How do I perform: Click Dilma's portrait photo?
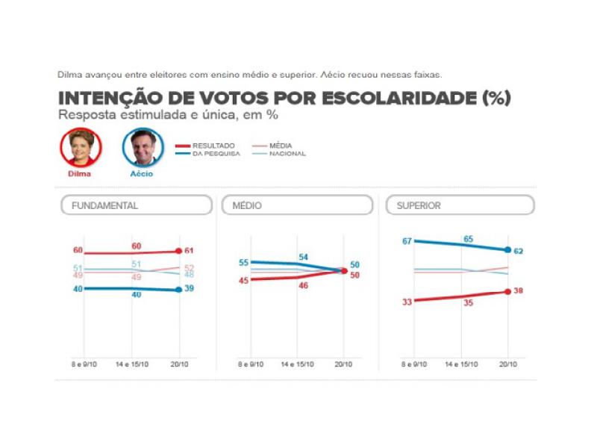click(80, 147)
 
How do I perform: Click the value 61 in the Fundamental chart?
click(190, 250)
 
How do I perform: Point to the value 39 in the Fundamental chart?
click(190, 288)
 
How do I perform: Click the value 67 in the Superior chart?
click(407, 240)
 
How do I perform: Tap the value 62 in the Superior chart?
click(519, 251)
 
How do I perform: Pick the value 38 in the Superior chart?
click(519, 290)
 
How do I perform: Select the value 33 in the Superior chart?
click(407, 302)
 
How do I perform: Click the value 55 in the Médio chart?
click(243, 263)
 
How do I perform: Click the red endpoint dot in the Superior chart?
click(508, 291)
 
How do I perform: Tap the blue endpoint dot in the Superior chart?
click(508, 250)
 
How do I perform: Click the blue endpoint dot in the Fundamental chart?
click(179, 289)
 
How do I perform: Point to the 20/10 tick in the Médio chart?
click(344, 364)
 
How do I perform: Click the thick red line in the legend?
click(185, 146)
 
